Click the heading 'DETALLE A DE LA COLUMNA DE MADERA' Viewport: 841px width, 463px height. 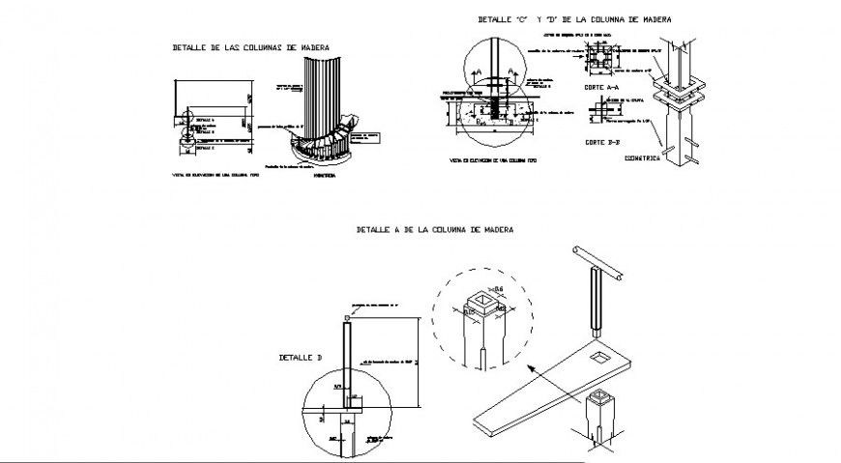434,230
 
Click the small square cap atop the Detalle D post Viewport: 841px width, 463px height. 347,317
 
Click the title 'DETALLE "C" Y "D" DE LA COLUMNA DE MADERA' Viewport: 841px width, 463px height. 574,19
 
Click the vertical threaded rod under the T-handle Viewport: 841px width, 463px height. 594,300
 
